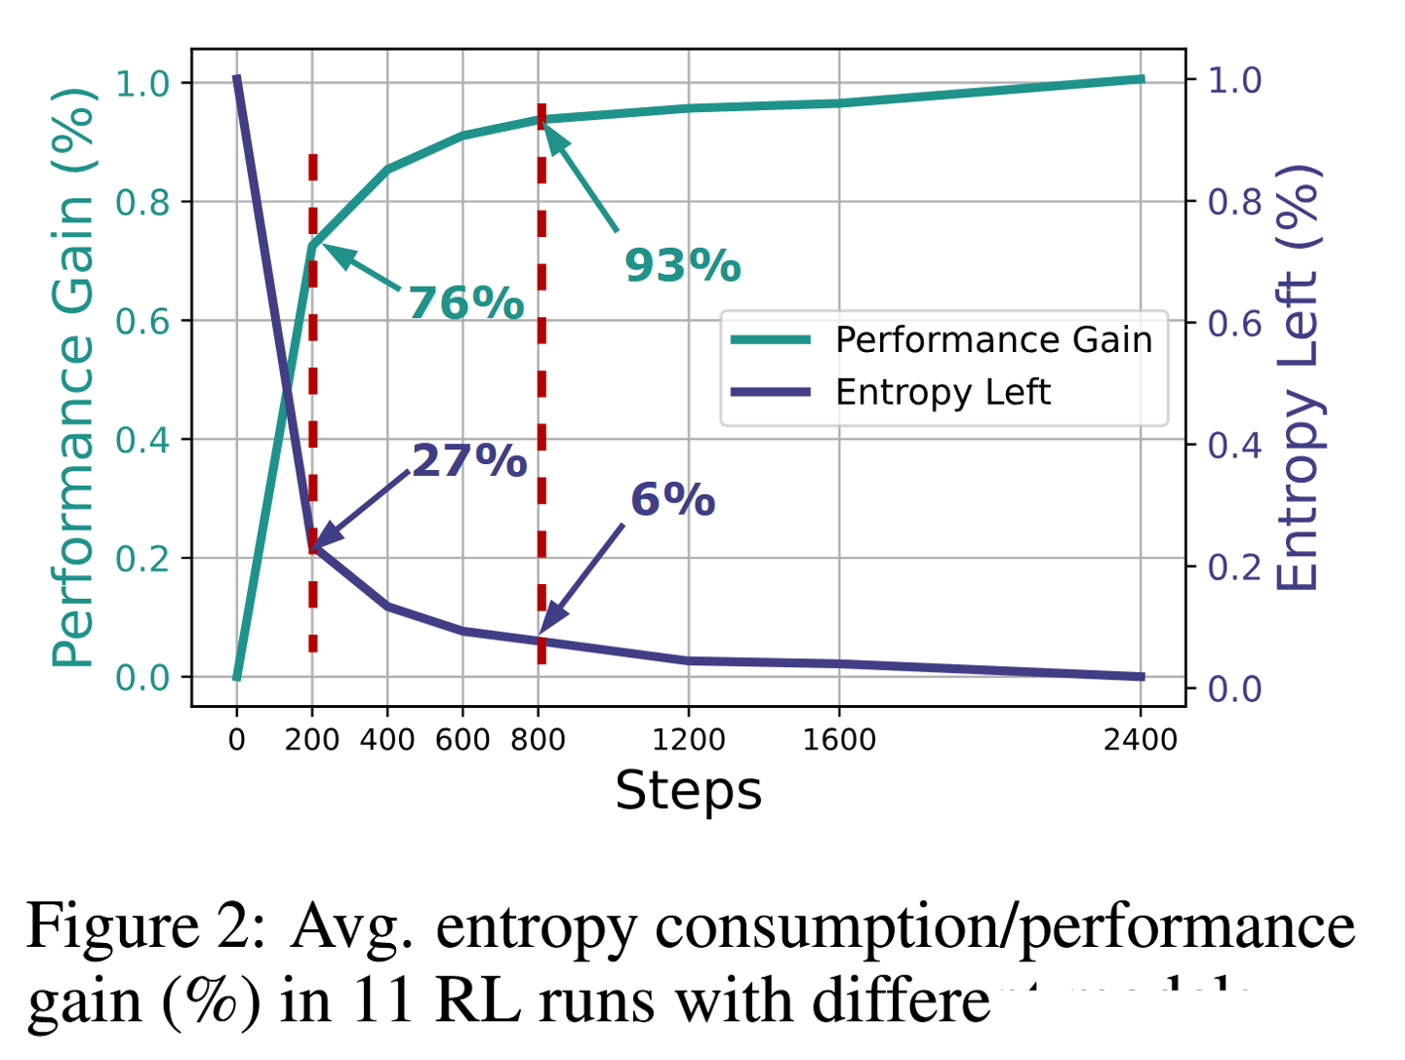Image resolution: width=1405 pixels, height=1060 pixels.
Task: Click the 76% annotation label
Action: [x=466, y=303]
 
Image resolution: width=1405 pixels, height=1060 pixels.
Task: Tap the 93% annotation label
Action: [x=683, y=265]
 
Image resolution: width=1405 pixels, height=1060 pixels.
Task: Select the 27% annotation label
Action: [x=469, y=460]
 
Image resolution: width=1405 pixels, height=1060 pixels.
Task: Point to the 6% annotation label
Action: [x=672, y=499]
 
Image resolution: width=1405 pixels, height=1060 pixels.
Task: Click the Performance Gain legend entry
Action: [x=993, y=339]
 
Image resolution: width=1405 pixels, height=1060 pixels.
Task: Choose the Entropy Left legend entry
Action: [x=943, y=392]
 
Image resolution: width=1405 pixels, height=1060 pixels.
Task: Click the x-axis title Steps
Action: [x=688, y=790]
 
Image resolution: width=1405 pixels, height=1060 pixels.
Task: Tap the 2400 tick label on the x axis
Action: [x=1141, y=739]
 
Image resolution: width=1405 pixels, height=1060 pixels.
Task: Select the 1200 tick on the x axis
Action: [x=688, y=739]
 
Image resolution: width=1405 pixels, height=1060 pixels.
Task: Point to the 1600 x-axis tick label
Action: [x=839, y=739]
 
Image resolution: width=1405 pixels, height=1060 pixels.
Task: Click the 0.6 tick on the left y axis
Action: [x=141, y=322]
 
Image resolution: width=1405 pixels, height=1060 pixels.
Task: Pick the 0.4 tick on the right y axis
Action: [x=1234, y=445]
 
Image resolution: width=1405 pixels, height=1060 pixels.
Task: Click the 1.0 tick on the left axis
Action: [x=141, y=83]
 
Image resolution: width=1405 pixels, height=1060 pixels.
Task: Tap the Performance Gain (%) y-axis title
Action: [x=73, y=378]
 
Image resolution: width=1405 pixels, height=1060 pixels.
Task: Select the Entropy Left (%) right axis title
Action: [x=1298, y=378]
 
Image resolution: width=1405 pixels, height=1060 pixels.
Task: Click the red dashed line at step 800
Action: [x=541, y=390]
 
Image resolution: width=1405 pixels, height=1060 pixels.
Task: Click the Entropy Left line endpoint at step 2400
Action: [x=1141, y=676]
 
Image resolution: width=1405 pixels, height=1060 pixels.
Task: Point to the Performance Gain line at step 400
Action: [x=387, y=170]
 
